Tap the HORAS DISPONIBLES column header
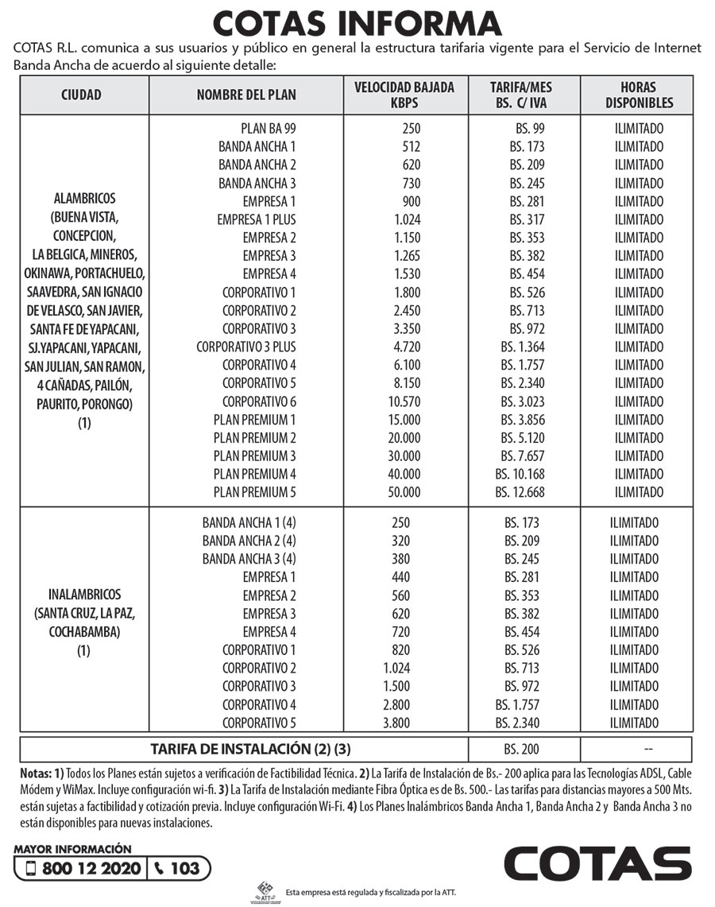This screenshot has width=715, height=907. [638, 95]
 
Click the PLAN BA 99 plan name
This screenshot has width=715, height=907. [269, 129]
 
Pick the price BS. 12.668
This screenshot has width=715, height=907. [520, 492]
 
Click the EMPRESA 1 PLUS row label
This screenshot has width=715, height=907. [257, 219]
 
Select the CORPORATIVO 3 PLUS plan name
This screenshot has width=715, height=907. [246, 347]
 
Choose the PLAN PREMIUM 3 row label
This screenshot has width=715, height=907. [255, 455]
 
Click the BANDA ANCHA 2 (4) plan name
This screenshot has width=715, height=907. [249, 541]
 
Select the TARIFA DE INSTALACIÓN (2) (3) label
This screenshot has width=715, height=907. [250, 749]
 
